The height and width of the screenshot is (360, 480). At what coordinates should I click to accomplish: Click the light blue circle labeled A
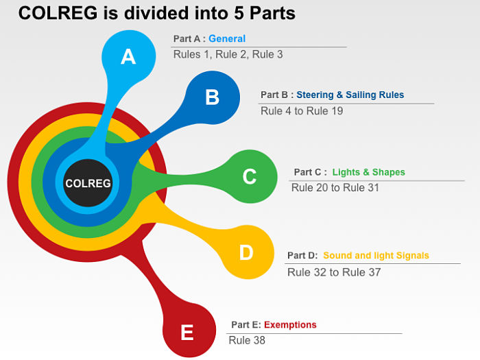click(128, 56)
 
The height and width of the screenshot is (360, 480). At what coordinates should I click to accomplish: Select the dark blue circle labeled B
click(212, 97)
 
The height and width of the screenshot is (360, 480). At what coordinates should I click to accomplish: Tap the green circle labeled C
click(249, 177)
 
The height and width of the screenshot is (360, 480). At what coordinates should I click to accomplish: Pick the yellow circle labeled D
click(246, 253)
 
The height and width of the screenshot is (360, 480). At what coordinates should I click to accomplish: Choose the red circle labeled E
click(187, 333)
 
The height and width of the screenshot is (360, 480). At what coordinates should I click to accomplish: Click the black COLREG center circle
click(88, 183)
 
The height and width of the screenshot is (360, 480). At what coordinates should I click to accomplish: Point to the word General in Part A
click(227, 39)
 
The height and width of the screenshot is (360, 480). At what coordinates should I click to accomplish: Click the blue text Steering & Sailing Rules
click(350, 95)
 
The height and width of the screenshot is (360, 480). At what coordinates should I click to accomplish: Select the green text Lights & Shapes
click(368, 172)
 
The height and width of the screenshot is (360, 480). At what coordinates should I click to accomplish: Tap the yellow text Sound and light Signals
click(376, 256)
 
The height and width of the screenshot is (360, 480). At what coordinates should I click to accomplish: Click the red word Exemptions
click(290, 325)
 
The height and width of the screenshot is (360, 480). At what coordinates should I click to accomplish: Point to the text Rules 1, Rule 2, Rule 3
click(228, 54)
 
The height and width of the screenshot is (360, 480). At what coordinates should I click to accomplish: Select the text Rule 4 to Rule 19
click(302, 110)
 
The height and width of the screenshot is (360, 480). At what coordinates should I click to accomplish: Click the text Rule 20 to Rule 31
click(335, 187)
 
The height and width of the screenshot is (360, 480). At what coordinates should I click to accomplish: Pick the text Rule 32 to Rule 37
click(334, 272)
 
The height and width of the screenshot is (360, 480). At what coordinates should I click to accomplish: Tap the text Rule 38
click(247, 340)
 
